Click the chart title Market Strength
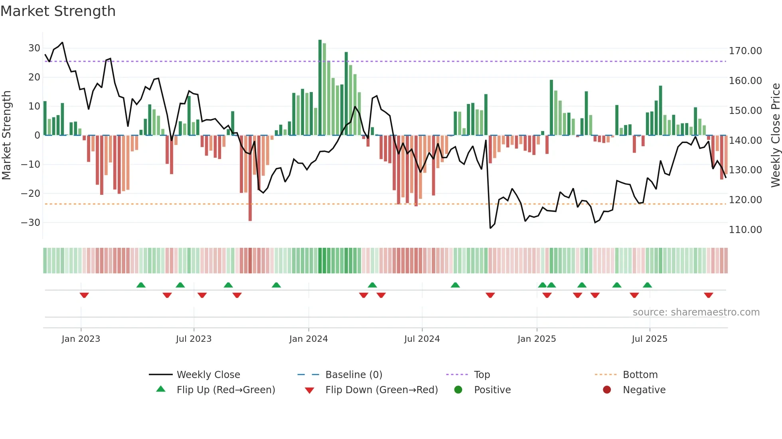pos(58,11)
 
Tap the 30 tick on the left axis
pos(34,48)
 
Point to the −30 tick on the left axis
pos(31,222)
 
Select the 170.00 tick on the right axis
pos(745,51)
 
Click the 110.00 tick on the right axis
pos(745,230)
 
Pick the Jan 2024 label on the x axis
pos(308,339)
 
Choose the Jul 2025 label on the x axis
pos(650,339)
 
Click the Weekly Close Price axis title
pos(775,135)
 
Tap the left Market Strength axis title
pos(6,135)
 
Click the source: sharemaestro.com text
pos(696,312)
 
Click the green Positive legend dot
pos(458,390)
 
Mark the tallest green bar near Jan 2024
pos(320,88)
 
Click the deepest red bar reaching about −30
pos(250,178)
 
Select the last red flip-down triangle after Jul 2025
pos(709,295)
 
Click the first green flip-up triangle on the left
pos(141,285)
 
